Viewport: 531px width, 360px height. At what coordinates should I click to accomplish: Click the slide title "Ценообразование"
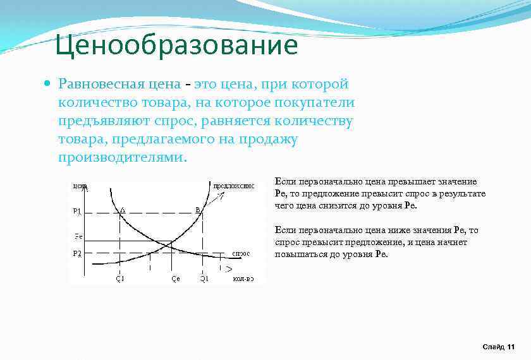[x=176, y=45]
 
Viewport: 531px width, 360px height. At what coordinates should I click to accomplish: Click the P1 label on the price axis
[x=77, y=211]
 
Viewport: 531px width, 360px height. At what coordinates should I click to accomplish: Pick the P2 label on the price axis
[x=77, y=253]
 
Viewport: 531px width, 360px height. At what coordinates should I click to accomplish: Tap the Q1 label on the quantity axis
[x=204, y=279]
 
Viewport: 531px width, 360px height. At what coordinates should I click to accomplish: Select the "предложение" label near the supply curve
[x=233, y=186]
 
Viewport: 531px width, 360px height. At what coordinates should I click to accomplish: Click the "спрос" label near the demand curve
[x=241, y=253]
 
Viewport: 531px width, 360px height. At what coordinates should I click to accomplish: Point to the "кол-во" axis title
[x=243, y=279]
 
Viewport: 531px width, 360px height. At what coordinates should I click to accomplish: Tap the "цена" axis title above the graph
[x=80, y=186]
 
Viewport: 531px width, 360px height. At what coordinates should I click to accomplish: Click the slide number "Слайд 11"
[x=498, y=347]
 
